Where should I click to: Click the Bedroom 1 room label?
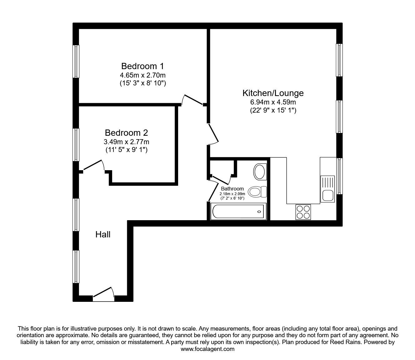point(142,66)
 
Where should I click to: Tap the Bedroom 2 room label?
point(126,133)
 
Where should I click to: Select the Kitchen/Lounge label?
point(273,93)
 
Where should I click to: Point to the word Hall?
point(103,234)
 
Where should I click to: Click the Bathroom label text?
point(232,189)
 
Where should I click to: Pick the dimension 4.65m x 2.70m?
point(142,75)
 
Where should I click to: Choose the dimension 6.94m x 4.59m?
point(273,102)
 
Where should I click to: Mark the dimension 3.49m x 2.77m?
point(126,142)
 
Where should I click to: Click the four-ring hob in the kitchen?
point(303,212)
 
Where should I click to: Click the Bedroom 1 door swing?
point(191,99)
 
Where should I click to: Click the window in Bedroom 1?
point(76,61)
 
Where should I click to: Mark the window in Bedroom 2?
point(76,145)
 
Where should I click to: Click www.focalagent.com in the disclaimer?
point(207,349)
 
